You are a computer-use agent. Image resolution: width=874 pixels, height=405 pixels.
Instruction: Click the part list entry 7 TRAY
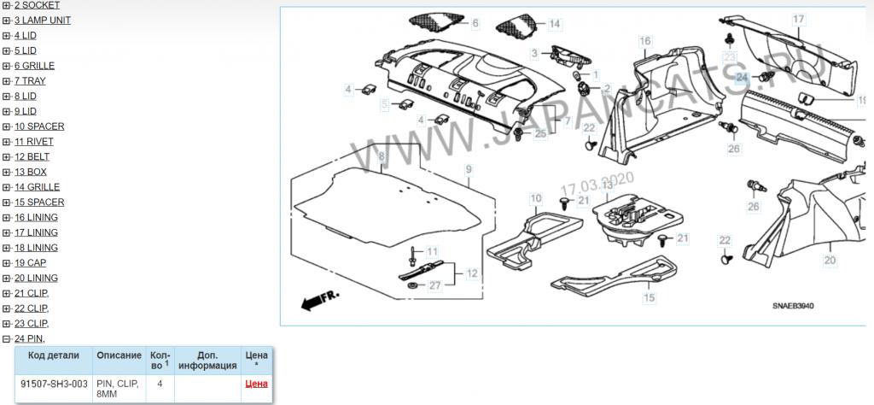coord(30,81)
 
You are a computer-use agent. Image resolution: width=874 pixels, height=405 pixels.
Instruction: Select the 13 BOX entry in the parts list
coord(31,172)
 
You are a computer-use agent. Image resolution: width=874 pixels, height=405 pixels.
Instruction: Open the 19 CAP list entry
coord(30,263)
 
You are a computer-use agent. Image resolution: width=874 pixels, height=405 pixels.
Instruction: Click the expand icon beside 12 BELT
coord(7,156)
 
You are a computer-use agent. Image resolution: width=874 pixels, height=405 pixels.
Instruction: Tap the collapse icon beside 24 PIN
coord(7,338)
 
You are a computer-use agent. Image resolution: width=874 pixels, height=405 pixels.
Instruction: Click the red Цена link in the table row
coord(256,384)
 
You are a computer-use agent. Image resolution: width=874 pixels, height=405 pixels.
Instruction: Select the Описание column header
coord(119,355)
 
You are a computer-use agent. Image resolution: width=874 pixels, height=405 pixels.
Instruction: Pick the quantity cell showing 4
coord(160,384)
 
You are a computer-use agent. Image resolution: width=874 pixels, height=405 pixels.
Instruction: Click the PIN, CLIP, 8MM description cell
coord(118,389)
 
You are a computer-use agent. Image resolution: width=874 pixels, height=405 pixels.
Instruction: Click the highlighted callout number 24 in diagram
coord(742,78)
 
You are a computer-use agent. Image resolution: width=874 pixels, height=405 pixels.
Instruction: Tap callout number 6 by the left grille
coord(475,23)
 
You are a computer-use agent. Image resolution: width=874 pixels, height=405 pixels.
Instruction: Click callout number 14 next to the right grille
coord(554,24)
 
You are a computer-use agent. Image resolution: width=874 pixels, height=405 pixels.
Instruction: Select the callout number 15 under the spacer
coord(650,297)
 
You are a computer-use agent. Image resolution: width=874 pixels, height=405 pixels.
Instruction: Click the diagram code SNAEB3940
coord(790,306)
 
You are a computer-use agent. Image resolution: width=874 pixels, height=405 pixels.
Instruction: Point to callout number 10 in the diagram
coord(536,198)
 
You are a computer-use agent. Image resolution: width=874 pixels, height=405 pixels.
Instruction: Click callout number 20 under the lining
coord(830,260)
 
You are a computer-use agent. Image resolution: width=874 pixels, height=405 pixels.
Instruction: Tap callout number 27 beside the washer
coord(434,285)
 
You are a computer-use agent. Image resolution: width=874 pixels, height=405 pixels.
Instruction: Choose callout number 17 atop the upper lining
coord(799,20)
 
